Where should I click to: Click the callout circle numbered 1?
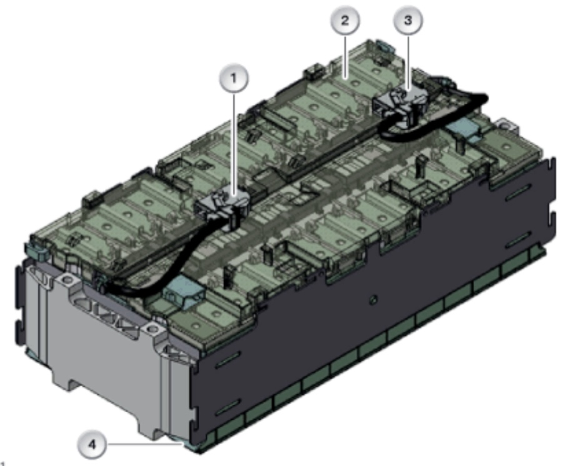click(234, 78)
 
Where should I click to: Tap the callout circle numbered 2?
click(345, 21)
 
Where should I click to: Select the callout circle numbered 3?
click(408, 21)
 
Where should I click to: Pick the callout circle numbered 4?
click(92, 444)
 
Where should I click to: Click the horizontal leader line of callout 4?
click(144, 444)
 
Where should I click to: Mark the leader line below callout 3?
click(408, 62)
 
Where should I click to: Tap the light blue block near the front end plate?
click(184, 291)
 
